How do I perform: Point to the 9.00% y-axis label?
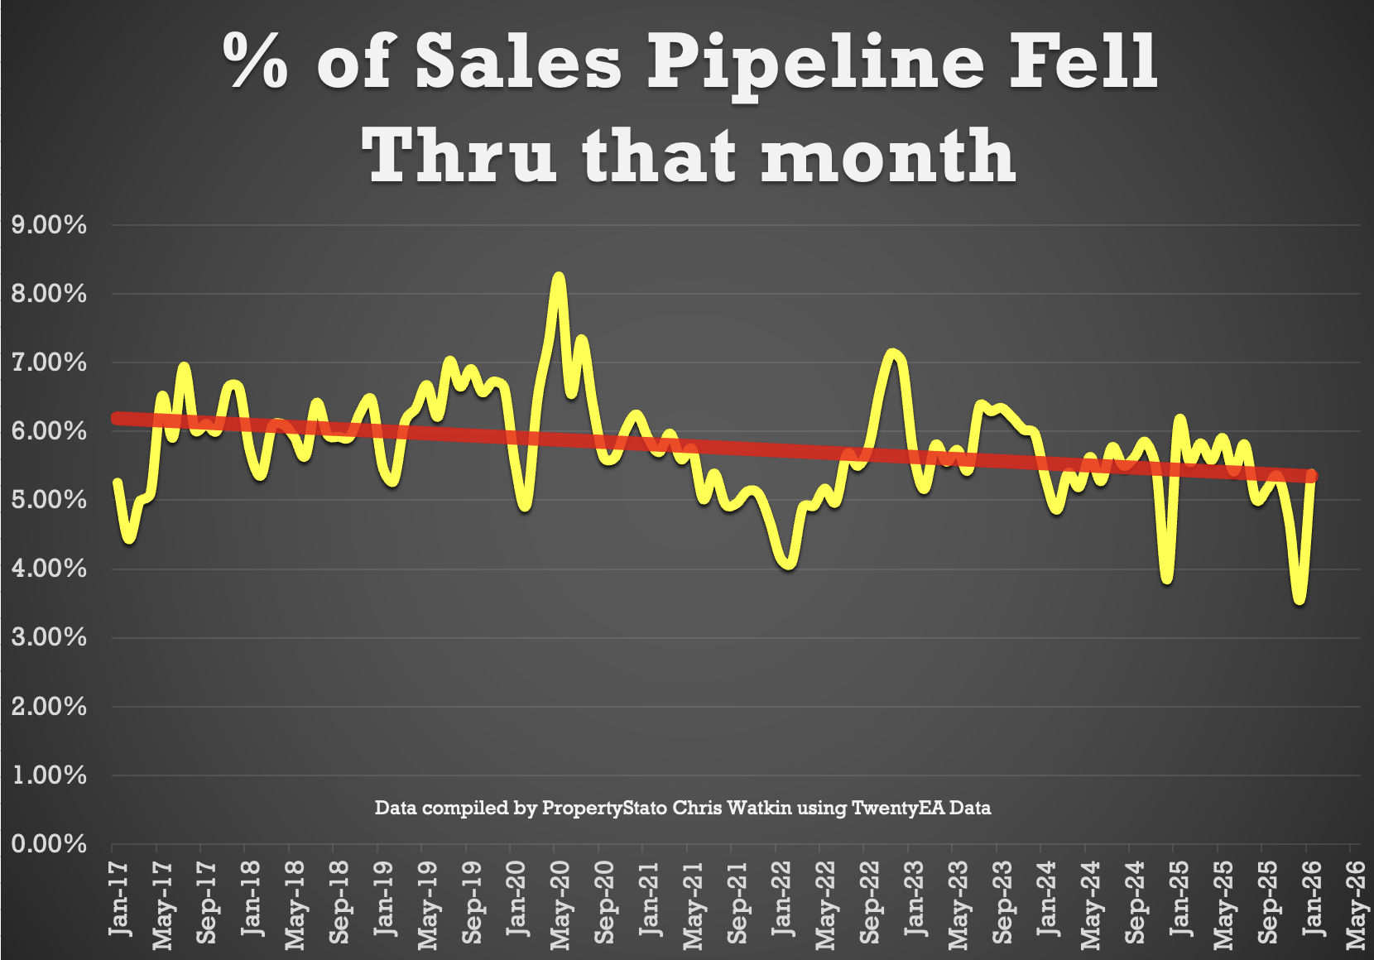tap(49, 224)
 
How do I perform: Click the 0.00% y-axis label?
tap(49, 844)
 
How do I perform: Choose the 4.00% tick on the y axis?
tap(49, 569)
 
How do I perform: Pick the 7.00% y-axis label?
tap(49, 362)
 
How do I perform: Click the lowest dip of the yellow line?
tap(1300, 599)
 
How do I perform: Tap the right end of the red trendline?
tap(1311, 476)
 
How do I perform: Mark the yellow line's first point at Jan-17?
tap(117, 482)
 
